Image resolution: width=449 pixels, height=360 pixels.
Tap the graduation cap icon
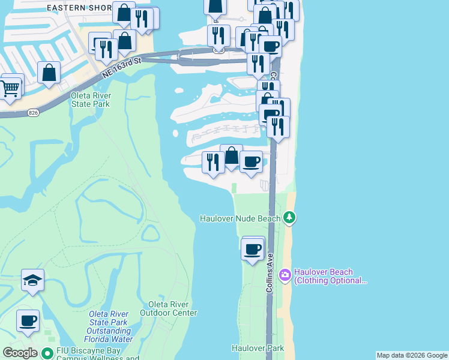click(32, 280)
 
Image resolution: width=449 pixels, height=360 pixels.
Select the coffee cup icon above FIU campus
click(28, 321)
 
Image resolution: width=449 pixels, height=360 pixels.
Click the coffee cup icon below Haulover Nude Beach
click(253, 248)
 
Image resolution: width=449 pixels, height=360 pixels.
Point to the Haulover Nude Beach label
click(240, 218)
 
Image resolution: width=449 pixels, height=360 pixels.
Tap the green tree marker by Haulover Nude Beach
click(290, 217)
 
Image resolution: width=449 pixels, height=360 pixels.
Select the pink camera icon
click(285, 275)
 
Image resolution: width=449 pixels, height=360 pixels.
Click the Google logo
click(20, 353)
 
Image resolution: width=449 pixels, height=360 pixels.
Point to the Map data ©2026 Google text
click(412, 355)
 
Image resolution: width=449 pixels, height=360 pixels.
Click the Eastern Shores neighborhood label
click(79, 8)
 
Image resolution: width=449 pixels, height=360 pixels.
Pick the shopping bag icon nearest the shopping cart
click(49, 73)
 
